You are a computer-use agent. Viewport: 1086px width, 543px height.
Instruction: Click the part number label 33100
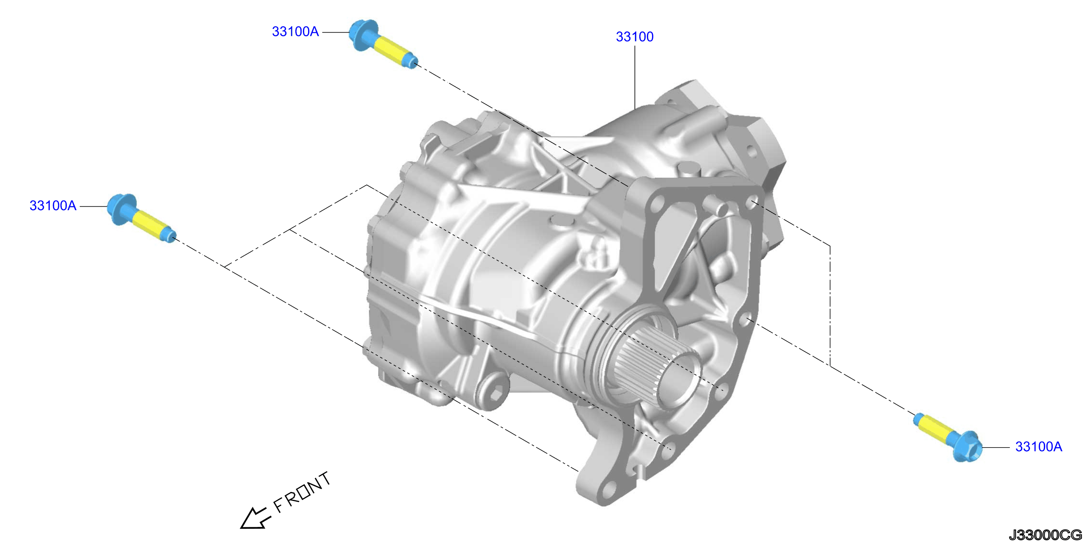[634, 37]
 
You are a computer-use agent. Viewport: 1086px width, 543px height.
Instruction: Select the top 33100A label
[295, 31]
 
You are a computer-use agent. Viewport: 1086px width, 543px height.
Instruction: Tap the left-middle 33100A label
[53, 206]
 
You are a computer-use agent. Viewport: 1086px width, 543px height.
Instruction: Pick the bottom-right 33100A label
[1039, 446]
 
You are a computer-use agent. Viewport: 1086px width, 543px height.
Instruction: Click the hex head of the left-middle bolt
[121, 209]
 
